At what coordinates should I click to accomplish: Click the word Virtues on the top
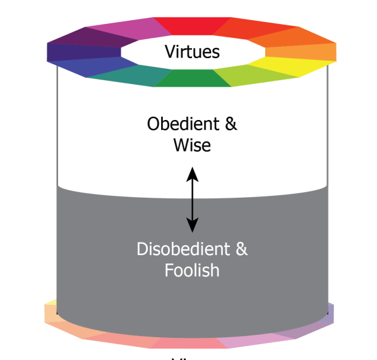click(x=192, y=51)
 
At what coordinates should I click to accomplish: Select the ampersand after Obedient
click(x=230, y=124)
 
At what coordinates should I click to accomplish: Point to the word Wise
click(x=192, y=145)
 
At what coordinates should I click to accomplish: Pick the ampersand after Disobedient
click(x=241, y=249)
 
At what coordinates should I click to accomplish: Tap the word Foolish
click(x=192, y=270)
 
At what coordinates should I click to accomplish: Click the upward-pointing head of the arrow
click(x=192, y=171)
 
